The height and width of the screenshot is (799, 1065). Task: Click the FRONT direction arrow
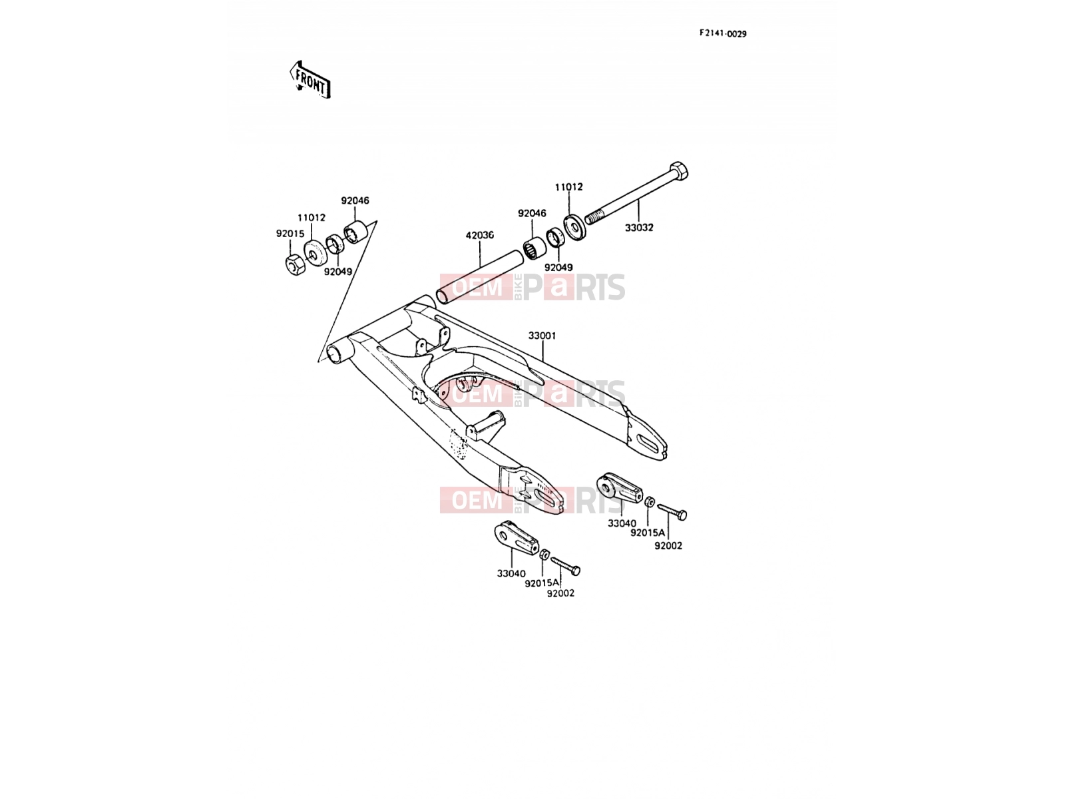(310, 80)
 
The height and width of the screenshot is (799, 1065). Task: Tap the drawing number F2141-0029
(722, 33)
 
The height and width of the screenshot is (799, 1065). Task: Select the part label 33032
(639, 228)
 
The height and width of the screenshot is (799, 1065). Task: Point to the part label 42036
(480, 235)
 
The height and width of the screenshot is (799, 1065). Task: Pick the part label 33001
(542, 336)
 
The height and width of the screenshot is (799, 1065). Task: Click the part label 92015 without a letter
(290, 233)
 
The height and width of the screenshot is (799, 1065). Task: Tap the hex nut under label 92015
(295, 265)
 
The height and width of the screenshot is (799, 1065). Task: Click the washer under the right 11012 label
(576, 227)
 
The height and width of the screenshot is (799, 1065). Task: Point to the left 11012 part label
(312, 218)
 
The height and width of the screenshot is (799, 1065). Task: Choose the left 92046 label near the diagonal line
(355, 200)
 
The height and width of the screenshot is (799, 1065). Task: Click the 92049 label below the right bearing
(558, 267)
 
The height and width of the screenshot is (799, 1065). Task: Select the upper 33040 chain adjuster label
(622, 523)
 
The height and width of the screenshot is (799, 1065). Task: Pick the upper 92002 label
(668, 546)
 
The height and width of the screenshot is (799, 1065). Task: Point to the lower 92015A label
(542, 583)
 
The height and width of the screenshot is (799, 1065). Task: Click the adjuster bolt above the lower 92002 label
(566, 567)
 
